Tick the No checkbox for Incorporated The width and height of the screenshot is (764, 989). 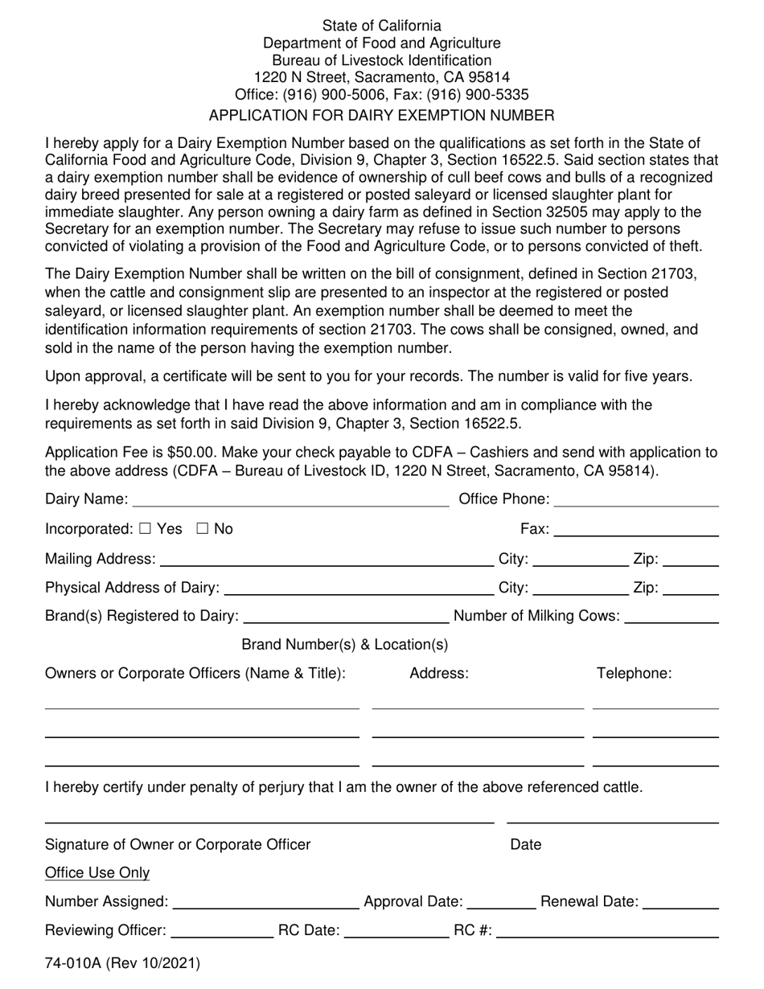click(x=202, y=529)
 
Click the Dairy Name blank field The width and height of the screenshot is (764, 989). click(x=290, y=500)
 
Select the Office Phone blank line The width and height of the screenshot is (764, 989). click(x=636, y=500)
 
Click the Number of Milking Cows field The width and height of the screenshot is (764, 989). click(x=672, y=617)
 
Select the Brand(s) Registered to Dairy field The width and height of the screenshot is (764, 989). click(x=346, y=617)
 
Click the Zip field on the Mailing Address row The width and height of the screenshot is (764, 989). click(x=691, y=559)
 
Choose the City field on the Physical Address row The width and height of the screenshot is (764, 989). click(x=581, y=588)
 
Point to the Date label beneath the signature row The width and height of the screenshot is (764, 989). click(x=526, y=844)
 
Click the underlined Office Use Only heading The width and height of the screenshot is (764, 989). click(x=97, y=873)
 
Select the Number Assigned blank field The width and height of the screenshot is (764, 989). click(x=266, y=902)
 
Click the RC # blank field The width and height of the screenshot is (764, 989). click(x=608, y=931)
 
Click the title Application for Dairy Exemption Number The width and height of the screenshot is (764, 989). click(x=381, y=115)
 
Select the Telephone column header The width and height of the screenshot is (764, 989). click(x=634, y=674)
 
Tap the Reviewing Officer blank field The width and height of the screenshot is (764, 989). click(x=223, y=931)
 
